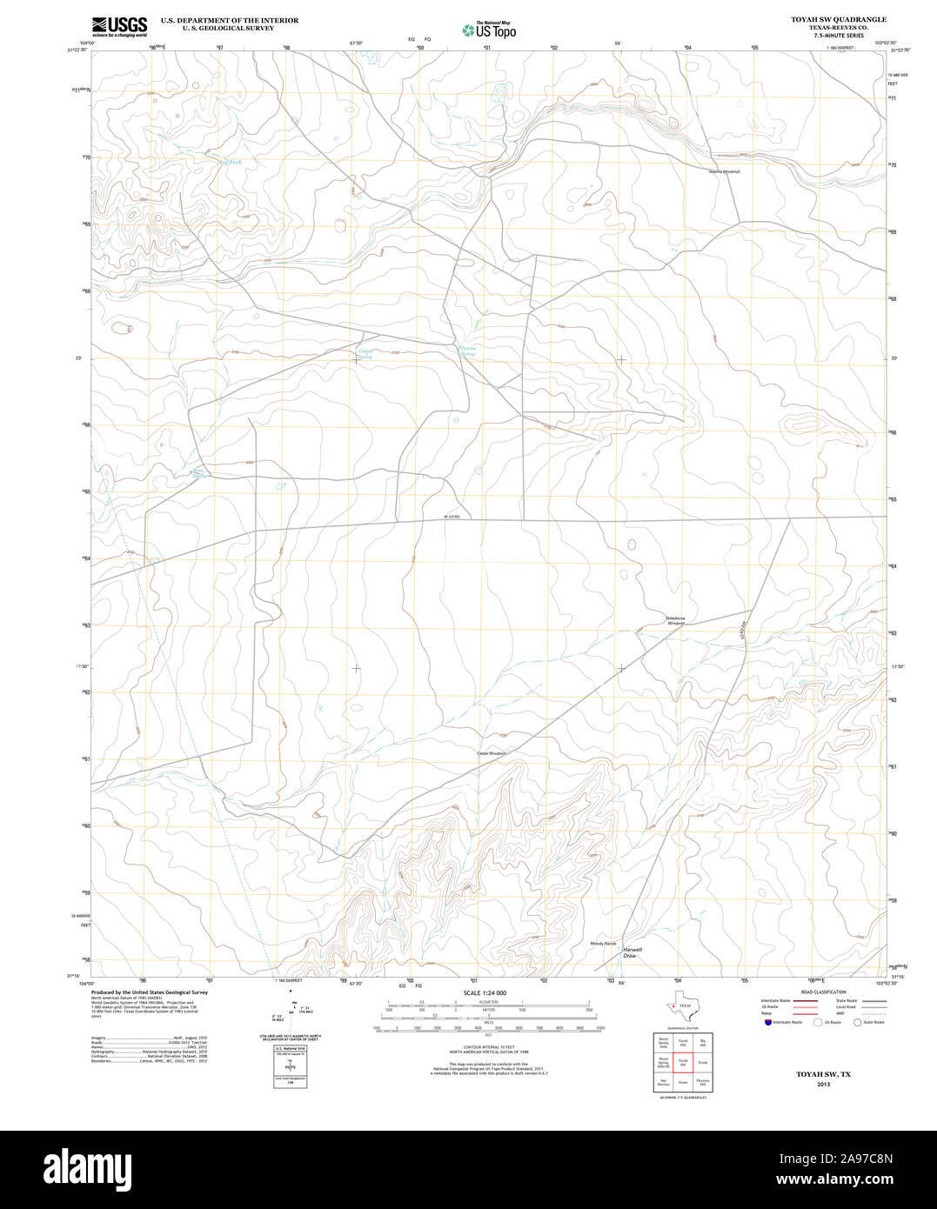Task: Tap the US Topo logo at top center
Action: click(x=489, y=30)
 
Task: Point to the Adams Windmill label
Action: click(x=724, y=171)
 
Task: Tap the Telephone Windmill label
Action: click(x=676, y=620)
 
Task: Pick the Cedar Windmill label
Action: click(x=492, y=753)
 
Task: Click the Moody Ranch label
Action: click(x=603, y=943)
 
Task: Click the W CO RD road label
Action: click(x=451, y=518)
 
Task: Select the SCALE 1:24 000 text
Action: click(x=485, y=992)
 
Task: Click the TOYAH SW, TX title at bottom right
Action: click(x=823, y=1075)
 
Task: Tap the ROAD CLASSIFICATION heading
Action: click(x=823, y=992)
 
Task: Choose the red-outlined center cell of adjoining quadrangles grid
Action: click(x=683, y=1062)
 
